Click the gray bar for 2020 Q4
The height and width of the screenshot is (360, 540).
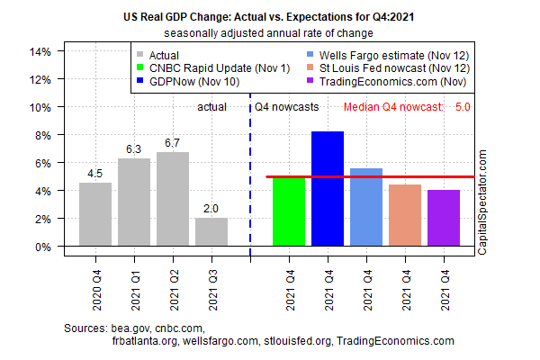pyautogui.click(x=95, y=214)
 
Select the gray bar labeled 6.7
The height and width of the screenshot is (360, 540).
pyautogui.click(x=173, y=199)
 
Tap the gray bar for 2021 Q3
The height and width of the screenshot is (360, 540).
pyautogui.click(x=211, y=232)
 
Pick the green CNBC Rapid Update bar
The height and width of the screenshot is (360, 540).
pyautogui.click(x=289, y=211)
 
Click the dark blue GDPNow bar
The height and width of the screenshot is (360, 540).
pyautogui.click(x=328, y=189)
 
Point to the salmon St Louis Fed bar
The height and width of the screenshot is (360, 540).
pyautogui.click(x=405, y=215)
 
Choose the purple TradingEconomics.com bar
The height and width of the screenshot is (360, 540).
pyautogui.click(x=444, y=218)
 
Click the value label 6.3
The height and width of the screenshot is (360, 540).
pyautogui.click(x=134, y=149)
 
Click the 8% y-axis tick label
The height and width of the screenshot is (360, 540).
pyautogui.click(x=40, y=135)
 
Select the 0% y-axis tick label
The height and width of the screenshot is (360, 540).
pyautogui.click(x=40, y=247)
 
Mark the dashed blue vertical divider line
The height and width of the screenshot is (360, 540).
pyautogui.click(x=250, y=180)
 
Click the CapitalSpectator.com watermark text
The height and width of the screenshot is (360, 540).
pyautogui.click(x=483, y=202)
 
